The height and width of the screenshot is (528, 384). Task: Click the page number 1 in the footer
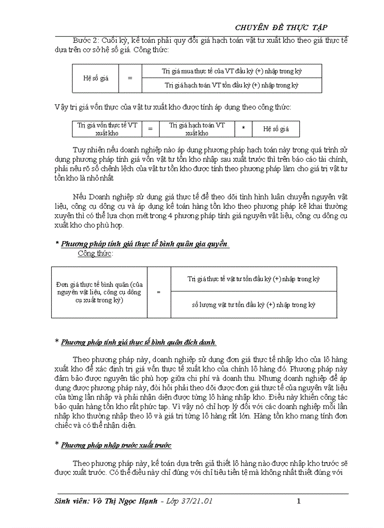point(299,501)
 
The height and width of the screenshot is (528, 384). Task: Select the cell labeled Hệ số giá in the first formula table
point(96,78)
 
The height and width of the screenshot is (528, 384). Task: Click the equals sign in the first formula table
point(130,78)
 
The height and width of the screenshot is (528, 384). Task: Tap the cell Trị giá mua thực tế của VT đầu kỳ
point(232,71)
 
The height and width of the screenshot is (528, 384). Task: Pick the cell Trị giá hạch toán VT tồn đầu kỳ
point(232,85)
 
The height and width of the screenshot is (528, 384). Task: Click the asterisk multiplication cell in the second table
point(243,129)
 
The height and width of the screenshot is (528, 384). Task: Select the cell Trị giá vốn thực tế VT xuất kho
point(107,129)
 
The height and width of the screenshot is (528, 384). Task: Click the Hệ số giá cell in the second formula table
point(276,129)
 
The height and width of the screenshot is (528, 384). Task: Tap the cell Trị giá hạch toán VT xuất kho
point(197,129)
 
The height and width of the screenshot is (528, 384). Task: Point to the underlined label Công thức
point(95,253)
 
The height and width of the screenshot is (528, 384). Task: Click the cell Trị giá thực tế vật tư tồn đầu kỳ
point(253,279)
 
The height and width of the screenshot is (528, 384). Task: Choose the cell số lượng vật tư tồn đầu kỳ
point(253,305)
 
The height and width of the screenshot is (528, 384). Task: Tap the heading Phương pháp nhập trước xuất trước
point(116,445)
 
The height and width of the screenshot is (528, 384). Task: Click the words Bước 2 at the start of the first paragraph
point(85,41)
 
